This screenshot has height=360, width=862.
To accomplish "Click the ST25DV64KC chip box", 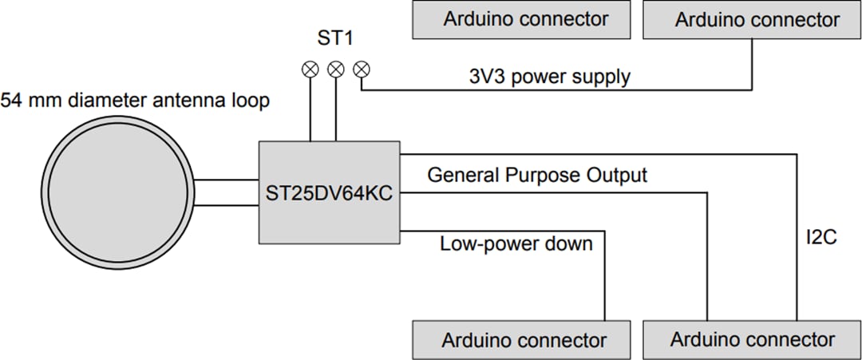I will [329, 192].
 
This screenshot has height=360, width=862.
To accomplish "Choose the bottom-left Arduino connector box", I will [524, 340].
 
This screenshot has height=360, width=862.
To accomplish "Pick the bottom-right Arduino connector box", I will [752, 340].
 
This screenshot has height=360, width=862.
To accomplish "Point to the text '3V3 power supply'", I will [549, 77].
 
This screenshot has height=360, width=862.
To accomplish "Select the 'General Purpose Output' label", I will [537, 175].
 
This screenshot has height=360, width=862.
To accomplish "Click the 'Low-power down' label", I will [516, 243].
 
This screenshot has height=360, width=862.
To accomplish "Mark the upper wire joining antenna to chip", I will [226, 180].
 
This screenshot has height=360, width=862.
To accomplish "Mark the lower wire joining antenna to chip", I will [226, 205].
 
